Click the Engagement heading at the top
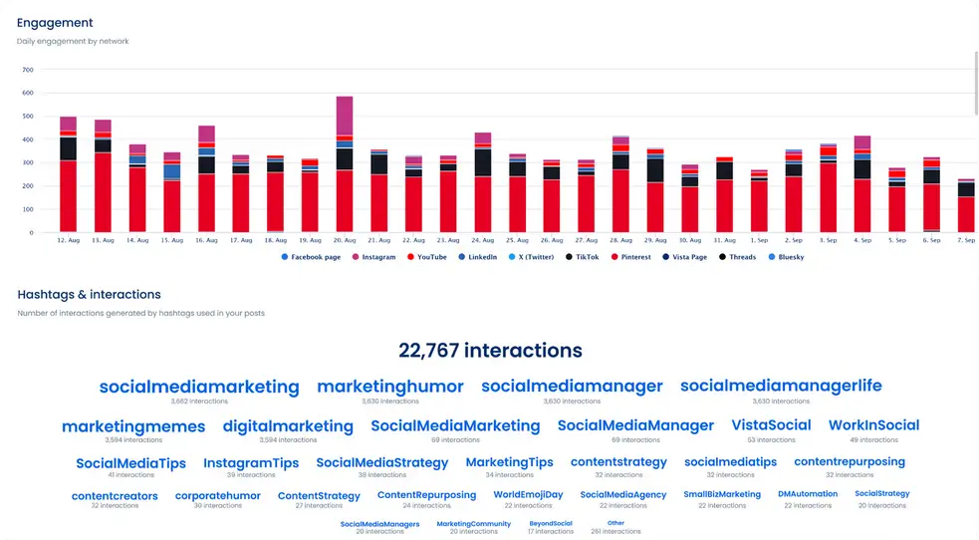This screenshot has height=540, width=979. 55,22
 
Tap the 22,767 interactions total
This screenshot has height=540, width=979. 490,351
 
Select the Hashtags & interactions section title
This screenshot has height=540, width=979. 89,295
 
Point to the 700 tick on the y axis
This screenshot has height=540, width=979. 27,71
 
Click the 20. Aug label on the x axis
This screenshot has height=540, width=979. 345,240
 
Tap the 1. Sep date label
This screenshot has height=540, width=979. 759,240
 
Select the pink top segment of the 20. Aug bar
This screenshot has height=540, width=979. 345,115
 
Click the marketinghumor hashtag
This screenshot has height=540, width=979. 390,387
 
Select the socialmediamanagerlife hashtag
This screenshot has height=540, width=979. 781,386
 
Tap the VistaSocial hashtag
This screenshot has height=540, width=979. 771,425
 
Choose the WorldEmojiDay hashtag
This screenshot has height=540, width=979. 528,495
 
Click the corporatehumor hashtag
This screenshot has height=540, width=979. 217,495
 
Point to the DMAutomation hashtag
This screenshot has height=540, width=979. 808,494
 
